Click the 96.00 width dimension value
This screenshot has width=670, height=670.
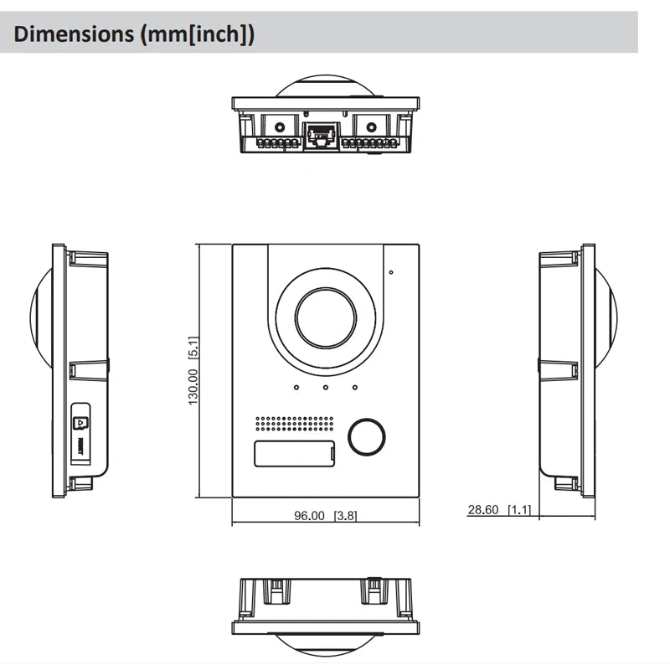click(308, 516)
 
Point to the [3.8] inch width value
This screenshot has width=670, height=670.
click(345, 516)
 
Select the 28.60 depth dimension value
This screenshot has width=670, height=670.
click(483, 509)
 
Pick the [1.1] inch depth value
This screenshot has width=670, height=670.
click(519, 509)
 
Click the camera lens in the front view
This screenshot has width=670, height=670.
click(325, 320)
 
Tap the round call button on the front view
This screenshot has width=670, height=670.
click(367, 435)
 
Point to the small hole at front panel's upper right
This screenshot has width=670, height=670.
click(390, 272)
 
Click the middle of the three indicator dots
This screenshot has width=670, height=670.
click(325, 387)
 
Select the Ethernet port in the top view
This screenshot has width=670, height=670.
click(321, 136)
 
